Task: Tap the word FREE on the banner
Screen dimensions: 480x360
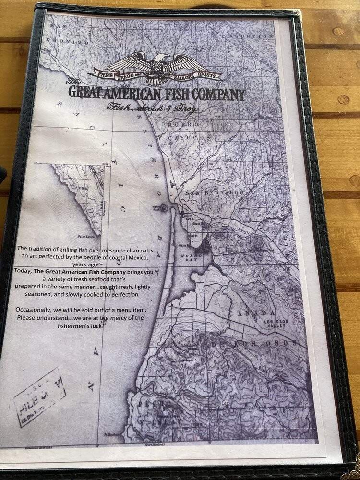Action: [103, 75]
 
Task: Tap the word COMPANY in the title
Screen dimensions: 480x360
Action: [219, 95]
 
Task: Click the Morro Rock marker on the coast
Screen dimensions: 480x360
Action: [165, 208]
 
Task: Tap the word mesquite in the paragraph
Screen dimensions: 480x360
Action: [113, 249]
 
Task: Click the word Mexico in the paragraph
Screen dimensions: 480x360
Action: [142, 257]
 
